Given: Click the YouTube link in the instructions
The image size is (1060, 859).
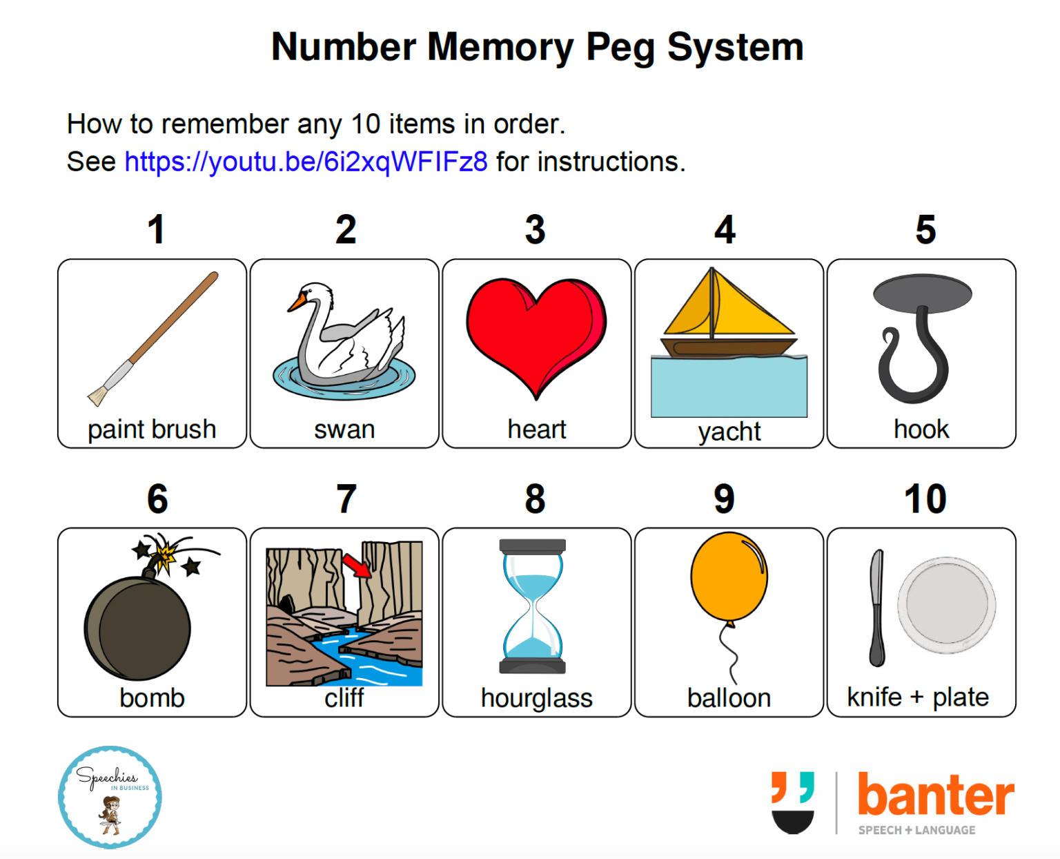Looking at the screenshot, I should (306, 162).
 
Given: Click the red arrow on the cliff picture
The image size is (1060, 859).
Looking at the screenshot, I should (357, 566).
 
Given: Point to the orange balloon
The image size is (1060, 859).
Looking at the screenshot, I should (729, 577).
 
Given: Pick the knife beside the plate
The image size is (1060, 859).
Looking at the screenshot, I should (876, 608).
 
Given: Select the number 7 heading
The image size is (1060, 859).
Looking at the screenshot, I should (346, 499).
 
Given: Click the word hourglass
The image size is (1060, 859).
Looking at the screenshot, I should (536, 698).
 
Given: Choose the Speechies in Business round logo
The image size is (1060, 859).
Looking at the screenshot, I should (110, 797).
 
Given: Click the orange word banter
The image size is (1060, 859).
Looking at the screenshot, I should (935, 795).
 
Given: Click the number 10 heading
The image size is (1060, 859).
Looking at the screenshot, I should (925, 499).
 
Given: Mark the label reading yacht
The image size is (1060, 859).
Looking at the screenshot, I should (729, 432).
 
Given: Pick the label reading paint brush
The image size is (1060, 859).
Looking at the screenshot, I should (152, 429).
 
